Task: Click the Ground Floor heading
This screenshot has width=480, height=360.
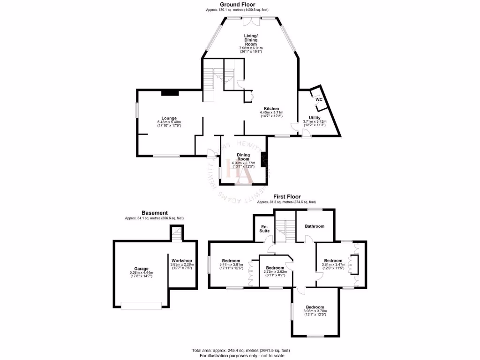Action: tap(237, 4)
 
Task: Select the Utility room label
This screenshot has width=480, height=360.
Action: tap(314, 118)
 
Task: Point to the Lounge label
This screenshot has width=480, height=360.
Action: tap(169, 118)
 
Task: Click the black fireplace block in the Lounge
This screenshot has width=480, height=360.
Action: tap(170, 92)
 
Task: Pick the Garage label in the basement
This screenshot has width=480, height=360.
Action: tap(141, 269)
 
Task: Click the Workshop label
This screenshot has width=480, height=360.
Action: tap(180, 260)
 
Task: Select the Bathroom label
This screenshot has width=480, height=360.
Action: tap(315, 226)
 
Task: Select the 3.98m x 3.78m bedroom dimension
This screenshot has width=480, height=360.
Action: tap(315, 311)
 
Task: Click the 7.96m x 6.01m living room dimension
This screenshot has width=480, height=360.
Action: tap(251, 48)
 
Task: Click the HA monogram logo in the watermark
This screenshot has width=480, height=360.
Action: tap(240, 171)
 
